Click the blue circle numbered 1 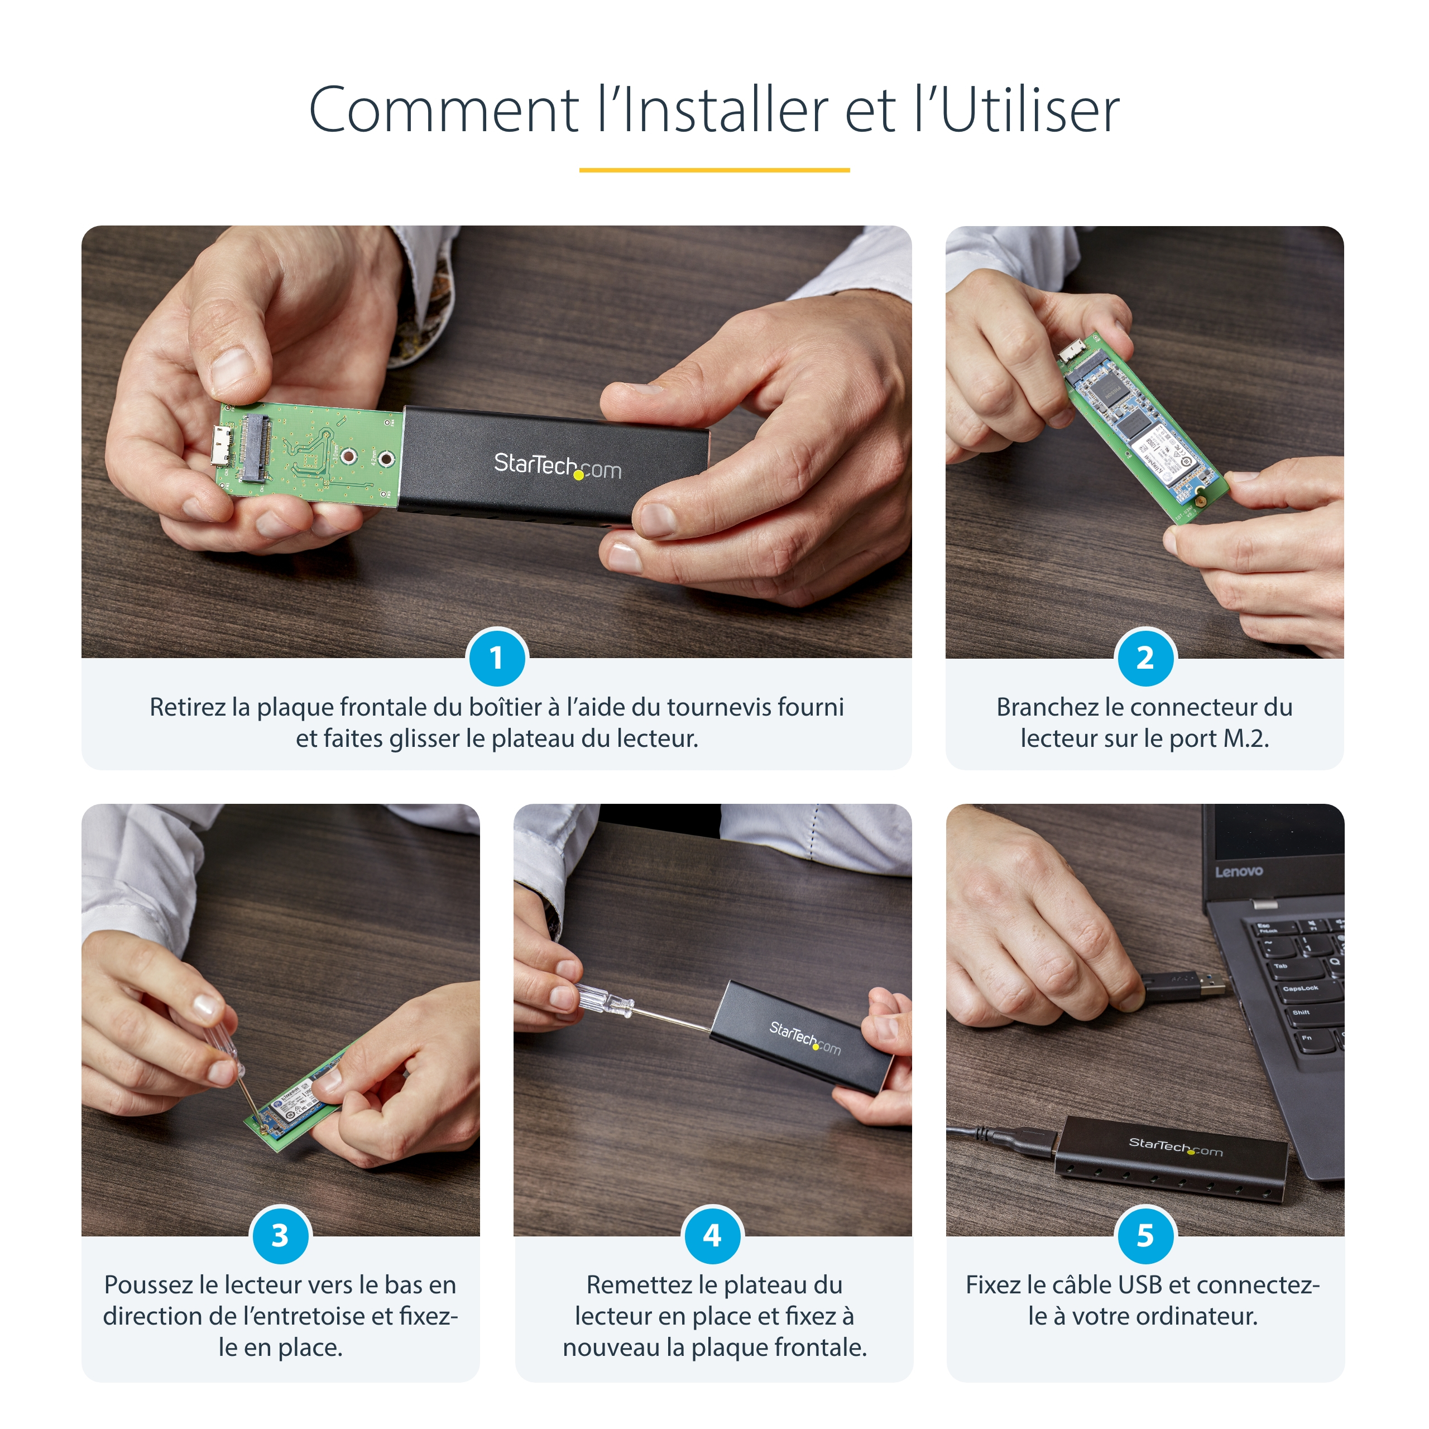(496, 658)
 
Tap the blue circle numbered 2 (1144, 658)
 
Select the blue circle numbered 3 (280, 1235)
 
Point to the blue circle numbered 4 (712, 1235)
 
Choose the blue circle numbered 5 (1144, 1235)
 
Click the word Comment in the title (443, 111)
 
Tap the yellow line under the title (714, 170)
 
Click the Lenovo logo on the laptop (1238, 871)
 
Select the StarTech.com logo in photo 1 (557, 466)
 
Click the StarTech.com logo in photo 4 (805, 1038)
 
